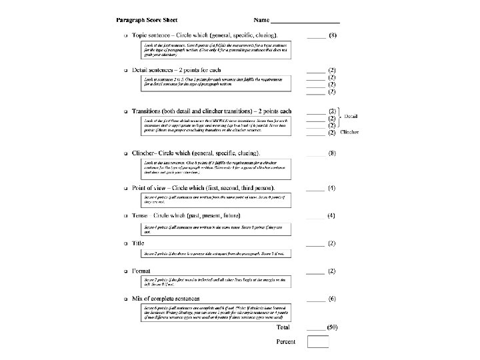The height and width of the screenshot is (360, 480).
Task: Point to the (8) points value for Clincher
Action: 332,153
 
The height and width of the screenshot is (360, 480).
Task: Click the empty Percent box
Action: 317,342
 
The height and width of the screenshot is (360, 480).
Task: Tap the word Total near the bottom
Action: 283,327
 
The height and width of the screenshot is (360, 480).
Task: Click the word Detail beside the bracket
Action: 351,117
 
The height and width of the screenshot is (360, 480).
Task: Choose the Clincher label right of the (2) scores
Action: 349,132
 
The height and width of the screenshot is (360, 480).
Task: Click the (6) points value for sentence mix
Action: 332,298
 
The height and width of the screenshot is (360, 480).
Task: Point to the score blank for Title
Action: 315,245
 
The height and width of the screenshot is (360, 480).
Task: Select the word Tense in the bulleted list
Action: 141,216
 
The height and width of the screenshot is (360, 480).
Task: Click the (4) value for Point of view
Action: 332,188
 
